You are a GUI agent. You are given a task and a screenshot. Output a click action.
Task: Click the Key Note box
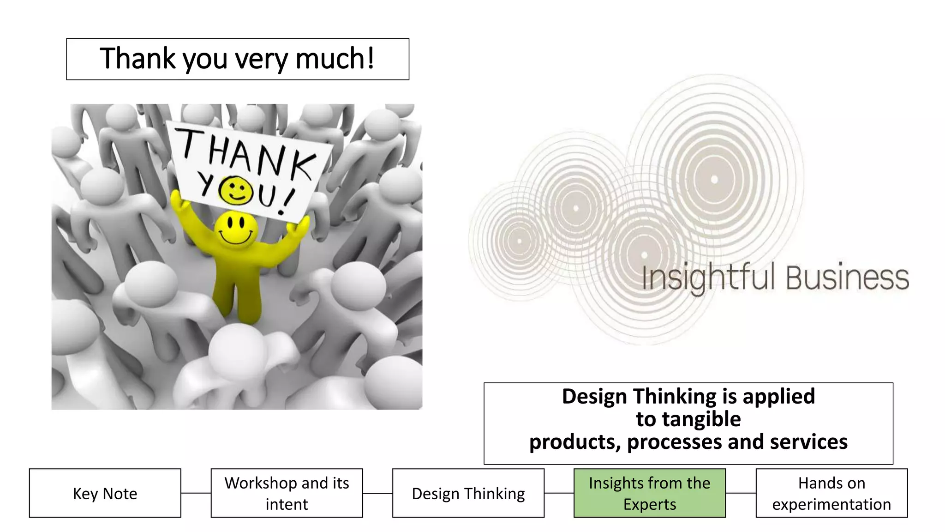[x=105, y=493]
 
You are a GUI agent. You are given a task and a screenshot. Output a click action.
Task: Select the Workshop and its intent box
[x=287, y=493]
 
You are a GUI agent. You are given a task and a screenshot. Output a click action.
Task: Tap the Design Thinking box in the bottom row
[x=468, y=493]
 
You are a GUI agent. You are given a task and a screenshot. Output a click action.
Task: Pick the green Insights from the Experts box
[x=649, y=493]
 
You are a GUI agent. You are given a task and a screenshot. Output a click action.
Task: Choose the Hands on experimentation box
[x=831, y=493]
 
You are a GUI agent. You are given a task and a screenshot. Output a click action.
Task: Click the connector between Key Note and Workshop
[x=196, y=493]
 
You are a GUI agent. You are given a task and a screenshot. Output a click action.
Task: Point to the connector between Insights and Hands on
[x=741, y=493]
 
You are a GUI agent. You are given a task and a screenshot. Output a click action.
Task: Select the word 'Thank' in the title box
[x=138, y=59]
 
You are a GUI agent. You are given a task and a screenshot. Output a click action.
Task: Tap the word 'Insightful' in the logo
[x=708, y=278]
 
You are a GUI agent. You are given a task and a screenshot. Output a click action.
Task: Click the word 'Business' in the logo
[x=847, y=278]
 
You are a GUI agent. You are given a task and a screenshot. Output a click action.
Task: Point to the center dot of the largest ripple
[x=714, y=179]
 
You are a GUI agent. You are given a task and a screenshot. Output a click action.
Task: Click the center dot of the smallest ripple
[x=520, y=241]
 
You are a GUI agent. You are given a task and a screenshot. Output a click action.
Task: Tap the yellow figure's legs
[x=236, y=296]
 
